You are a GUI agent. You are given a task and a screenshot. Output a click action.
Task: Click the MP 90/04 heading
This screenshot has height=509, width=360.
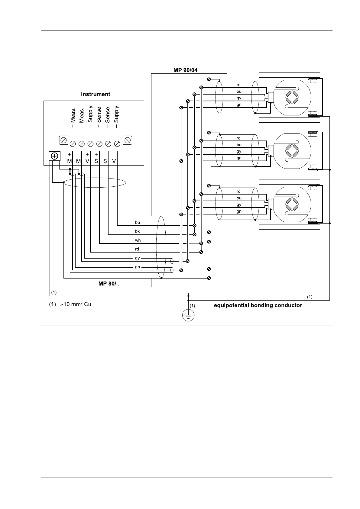(x=185, y=70)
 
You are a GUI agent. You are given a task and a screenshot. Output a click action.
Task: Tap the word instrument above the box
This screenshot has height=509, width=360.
(x=96, y=94)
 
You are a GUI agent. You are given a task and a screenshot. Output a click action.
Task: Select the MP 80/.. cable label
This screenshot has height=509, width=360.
(x=109, y=284)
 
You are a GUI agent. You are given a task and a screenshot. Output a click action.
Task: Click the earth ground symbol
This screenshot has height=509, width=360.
(x=188, y=315)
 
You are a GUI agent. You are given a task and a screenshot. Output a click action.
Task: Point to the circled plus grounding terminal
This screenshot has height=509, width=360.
(x=54, y=156)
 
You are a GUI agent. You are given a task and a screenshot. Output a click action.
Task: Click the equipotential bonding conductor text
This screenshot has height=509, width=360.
(x=258, y=305)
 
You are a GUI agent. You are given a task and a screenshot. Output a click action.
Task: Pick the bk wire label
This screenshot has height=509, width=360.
(x=137, y=231)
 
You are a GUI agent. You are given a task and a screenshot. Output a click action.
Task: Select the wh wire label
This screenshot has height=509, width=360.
(x=138, y=240)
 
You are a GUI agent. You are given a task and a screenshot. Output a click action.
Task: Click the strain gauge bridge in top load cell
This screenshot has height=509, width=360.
(x=292, y=97)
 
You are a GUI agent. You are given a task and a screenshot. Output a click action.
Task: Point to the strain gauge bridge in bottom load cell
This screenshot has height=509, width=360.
(x=292, y=204)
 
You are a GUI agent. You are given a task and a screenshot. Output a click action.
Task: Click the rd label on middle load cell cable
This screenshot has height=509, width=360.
(x=238, y=138)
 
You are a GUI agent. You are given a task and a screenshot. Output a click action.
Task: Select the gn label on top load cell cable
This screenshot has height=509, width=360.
(x=239, y=105)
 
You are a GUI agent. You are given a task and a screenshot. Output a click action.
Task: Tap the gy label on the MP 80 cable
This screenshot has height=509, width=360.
(x=137, y=258)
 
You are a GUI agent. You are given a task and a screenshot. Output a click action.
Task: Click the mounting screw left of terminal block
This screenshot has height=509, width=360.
(x=64, y=140)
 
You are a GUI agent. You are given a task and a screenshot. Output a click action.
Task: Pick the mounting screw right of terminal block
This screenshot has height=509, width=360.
(x=128, y=140)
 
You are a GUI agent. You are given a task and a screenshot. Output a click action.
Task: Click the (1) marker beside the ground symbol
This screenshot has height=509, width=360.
(x=193, y=306)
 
